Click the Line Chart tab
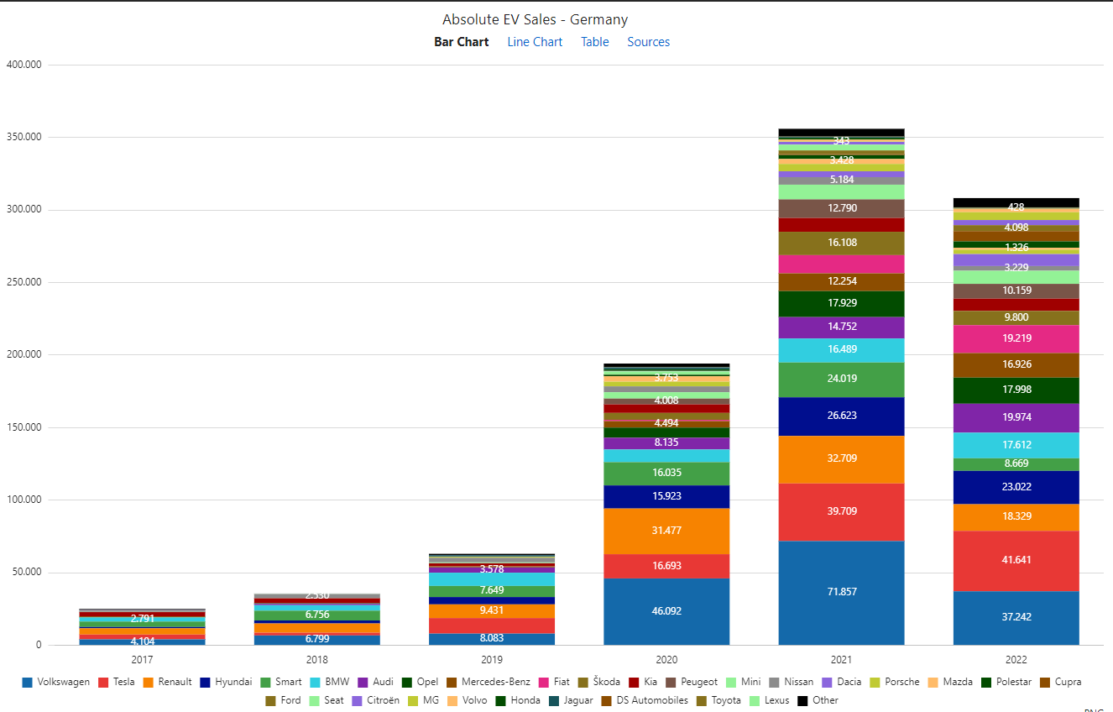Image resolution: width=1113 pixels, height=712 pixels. point(535,42)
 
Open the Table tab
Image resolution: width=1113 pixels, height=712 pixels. point(594,42)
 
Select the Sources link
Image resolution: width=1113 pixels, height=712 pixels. point(648,42)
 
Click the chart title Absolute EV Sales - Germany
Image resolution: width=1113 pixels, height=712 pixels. point(535,19)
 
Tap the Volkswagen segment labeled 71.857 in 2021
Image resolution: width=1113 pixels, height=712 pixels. point(841,592)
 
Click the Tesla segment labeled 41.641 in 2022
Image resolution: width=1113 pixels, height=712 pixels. point(1016,560)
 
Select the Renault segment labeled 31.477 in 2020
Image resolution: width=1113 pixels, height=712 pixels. point(666,530)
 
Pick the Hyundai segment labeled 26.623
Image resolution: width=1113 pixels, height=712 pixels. point(841,416)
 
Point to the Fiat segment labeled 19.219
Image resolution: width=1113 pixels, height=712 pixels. point(1016,338)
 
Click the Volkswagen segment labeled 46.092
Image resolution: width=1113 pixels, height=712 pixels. point(666,611)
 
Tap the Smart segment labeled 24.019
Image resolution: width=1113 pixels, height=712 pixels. point(841,379)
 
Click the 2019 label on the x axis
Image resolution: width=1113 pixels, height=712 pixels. point(492,660)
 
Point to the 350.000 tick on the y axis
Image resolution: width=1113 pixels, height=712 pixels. point(24,137)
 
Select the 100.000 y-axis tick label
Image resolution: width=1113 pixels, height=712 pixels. point(24,500)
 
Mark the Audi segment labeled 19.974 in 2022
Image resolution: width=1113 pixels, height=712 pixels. point(1016,417)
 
